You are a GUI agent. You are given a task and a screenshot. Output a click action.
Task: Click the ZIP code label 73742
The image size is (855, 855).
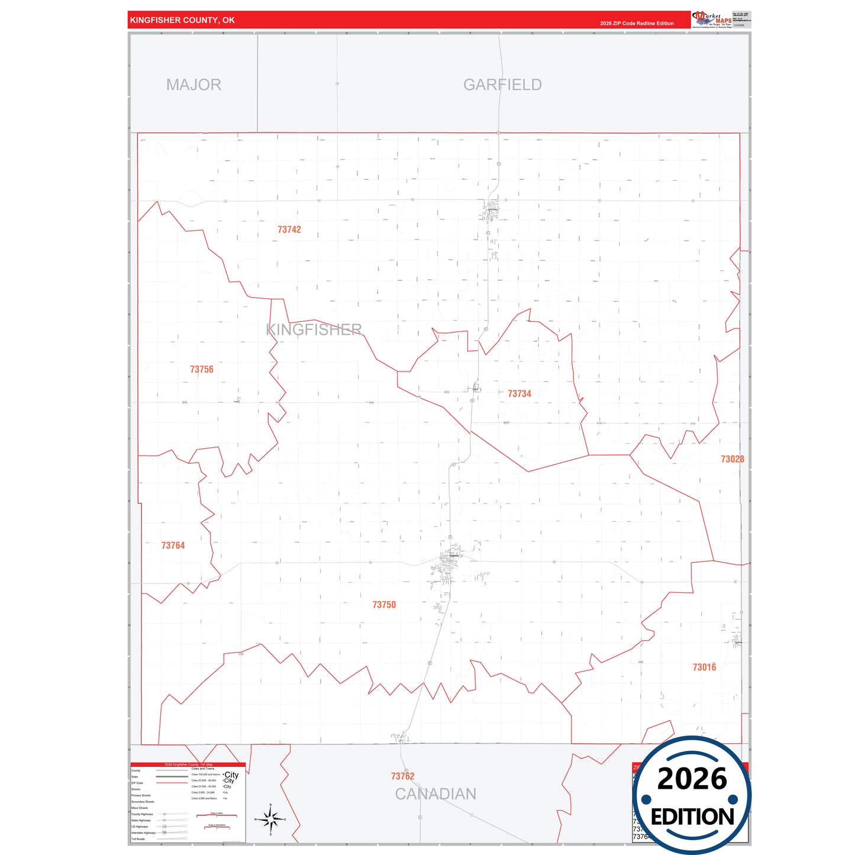(289, 230)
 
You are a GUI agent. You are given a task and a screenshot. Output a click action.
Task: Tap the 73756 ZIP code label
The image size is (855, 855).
(202, 369)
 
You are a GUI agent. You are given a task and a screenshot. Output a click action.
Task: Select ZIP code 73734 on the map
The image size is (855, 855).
(520, 393)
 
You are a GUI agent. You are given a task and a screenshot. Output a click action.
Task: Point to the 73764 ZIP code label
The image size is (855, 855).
(173, 546)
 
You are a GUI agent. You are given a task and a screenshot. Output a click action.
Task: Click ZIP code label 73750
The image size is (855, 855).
(384, 605)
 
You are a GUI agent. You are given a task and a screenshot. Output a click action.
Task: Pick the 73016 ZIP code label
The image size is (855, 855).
(704, 667)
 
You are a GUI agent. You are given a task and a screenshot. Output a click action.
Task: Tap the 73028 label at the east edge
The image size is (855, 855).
(732, 459)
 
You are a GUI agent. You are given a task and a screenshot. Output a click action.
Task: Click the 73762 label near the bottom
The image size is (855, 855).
(403, 776)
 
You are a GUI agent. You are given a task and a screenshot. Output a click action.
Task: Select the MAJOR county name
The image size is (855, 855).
(193, 85)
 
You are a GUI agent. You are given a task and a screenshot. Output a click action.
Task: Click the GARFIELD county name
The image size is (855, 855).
(502, 85)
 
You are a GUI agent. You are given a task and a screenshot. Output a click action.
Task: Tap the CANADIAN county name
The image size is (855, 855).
(435, 794)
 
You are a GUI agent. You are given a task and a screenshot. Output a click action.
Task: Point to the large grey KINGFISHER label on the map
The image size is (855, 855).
(314, 330)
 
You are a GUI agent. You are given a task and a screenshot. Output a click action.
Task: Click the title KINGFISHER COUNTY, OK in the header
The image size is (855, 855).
(182, 20)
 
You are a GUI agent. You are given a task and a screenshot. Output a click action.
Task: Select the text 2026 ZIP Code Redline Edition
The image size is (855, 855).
(637, 24)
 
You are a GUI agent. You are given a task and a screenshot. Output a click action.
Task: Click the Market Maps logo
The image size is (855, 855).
(712, 20)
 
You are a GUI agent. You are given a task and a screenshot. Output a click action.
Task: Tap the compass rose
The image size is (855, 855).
(270, 819)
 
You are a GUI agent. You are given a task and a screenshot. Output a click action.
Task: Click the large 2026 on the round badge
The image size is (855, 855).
(692, 779)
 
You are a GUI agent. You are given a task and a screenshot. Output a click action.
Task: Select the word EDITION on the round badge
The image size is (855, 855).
(692, 817)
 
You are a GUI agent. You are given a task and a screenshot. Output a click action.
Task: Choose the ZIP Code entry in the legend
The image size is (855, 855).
(137, 783)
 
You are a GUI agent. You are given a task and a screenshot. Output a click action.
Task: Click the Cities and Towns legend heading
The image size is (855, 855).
(202, 769)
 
